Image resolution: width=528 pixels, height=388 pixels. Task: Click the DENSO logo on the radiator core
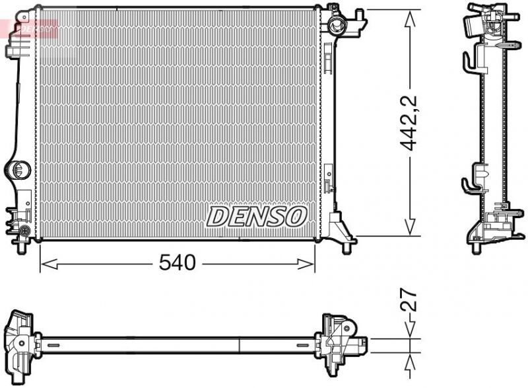pos(257,215)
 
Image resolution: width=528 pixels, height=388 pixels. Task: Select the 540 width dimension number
pos(177,263)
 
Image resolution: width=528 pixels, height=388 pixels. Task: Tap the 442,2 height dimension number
pos(410,123)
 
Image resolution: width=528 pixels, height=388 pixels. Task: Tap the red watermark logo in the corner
pos(29,28)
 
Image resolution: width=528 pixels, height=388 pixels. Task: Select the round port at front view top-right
pos(337,26)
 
